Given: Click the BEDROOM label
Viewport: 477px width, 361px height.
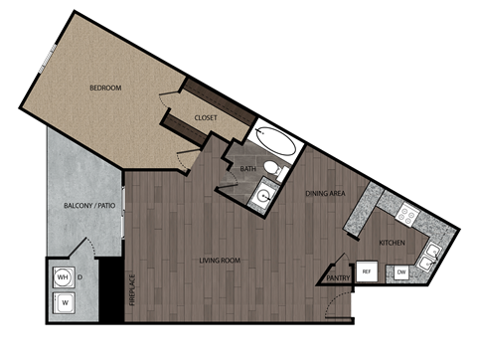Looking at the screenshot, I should coord(104,89).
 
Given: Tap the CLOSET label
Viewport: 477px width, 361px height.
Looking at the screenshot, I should coord(206,117).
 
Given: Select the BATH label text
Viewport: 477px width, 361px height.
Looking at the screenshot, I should coord(247,169).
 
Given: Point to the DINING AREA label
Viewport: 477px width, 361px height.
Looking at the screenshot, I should coord(324,193).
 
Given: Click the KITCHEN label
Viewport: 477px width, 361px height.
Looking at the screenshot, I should coord(391,243).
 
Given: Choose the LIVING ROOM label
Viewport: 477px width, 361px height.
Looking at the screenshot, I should coord(220,261).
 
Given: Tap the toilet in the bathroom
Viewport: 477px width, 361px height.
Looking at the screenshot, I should coord(274,169).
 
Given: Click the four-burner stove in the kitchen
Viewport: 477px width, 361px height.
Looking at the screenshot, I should coord(406,212).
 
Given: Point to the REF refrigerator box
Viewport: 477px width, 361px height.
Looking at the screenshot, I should coord(366,271).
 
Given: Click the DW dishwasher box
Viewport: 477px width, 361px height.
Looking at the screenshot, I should coord(401,271).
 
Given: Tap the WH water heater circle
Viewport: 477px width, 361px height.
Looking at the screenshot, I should coord(62,276).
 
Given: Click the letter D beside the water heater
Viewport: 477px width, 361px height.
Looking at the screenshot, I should coord(79,276).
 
